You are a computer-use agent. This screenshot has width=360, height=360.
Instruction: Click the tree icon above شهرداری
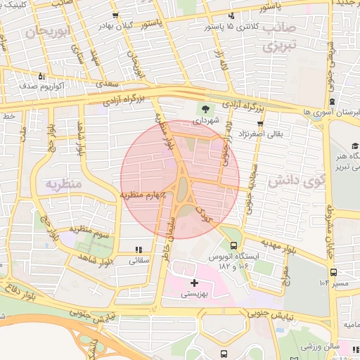[x=206, y=109]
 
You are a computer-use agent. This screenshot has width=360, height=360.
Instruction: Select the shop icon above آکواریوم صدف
[x=41, y=76]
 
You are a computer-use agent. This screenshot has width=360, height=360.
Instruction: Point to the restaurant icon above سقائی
[x=138, y=249]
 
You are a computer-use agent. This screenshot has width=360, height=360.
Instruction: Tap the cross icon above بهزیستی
[x=195, y=283]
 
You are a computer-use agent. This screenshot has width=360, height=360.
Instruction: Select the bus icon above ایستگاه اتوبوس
[x=233, y=245]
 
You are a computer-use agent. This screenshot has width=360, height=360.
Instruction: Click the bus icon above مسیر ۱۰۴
[x=333, y=272]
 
